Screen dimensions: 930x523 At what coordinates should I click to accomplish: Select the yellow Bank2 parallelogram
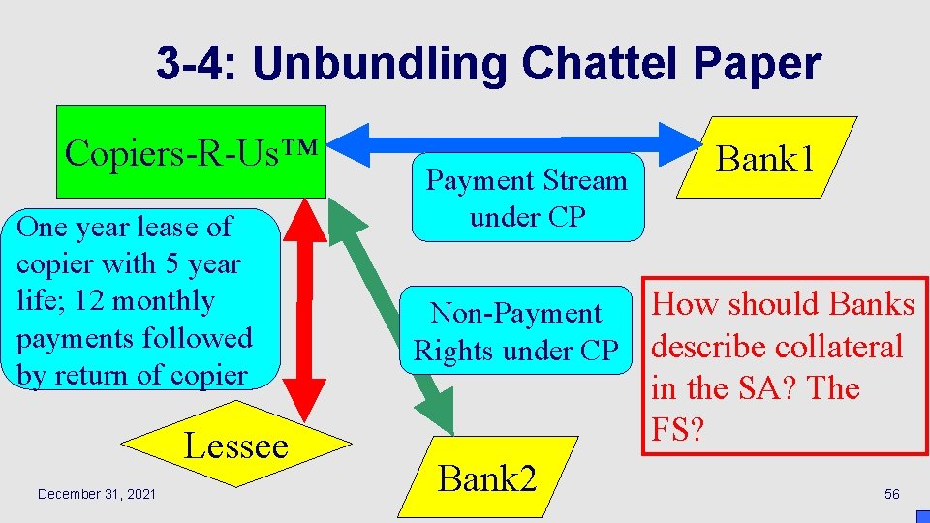pyautogui.click(x=487, y=477)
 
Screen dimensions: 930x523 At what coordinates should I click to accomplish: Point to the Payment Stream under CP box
pyautogui.click(x=528, y=198)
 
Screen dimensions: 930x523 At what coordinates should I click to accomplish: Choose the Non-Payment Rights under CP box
pyautogui.click(x=516, y=331)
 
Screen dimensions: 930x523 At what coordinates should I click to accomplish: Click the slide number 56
pyautogui.click(x=892, y=495)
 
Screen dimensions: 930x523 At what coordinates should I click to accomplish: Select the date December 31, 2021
pyautogui.click(x=96, y=495)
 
